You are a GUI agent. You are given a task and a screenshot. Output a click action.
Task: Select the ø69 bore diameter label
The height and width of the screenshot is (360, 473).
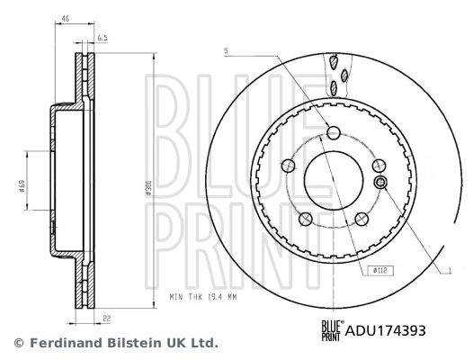click(21, 188)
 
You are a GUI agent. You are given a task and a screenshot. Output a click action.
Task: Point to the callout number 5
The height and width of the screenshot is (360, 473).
click(228, 50)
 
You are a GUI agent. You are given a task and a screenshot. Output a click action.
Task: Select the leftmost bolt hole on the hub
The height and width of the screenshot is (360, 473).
click(289, 166)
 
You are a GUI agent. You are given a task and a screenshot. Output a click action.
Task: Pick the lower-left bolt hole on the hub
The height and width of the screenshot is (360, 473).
click(306, 217)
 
